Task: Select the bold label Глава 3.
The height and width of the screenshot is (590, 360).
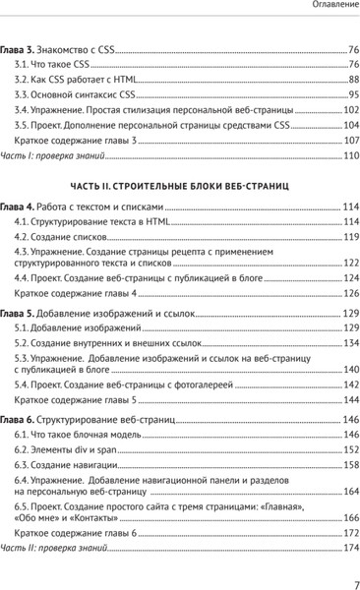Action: click(18, 48)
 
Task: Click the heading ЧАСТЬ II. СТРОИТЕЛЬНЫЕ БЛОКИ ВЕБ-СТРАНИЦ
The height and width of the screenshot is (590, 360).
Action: click(179, 185)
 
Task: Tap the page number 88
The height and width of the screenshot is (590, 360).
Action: click(353, 79)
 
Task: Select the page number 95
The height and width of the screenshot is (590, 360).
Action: click(353, 94)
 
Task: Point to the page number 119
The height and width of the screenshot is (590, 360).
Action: click(351, 239)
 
